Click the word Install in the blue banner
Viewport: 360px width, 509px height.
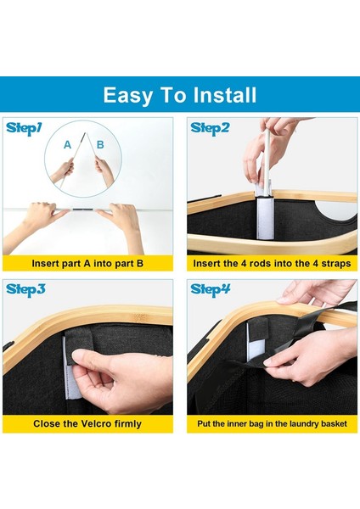224,95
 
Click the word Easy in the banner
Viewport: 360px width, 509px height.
127,96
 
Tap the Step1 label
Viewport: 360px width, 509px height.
24,129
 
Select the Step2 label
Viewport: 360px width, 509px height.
210,129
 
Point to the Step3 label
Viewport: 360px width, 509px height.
25,289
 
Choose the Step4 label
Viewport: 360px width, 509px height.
211,289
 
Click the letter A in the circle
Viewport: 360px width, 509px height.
67,144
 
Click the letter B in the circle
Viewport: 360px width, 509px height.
100,144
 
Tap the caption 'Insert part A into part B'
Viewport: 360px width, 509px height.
87,263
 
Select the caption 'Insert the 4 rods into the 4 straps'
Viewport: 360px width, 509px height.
272,263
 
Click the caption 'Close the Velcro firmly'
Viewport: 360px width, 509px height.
87,423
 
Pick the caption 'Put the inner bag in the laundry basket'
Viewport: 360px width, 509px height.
272,423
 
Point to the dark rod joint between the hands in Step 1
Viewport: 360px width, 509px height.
83,210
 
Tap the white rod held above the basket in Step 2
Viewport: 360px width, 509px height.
267,159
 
